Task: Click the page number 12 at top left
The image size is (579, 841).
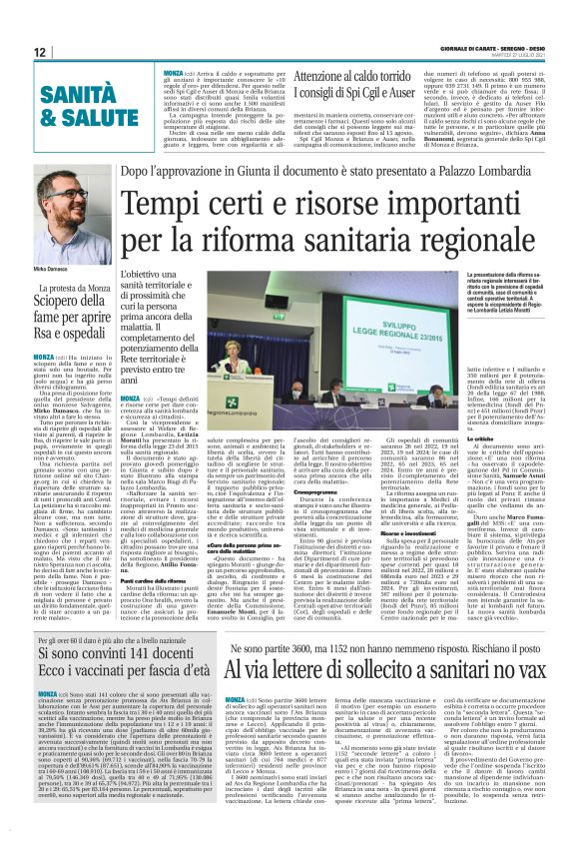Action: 40,51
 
